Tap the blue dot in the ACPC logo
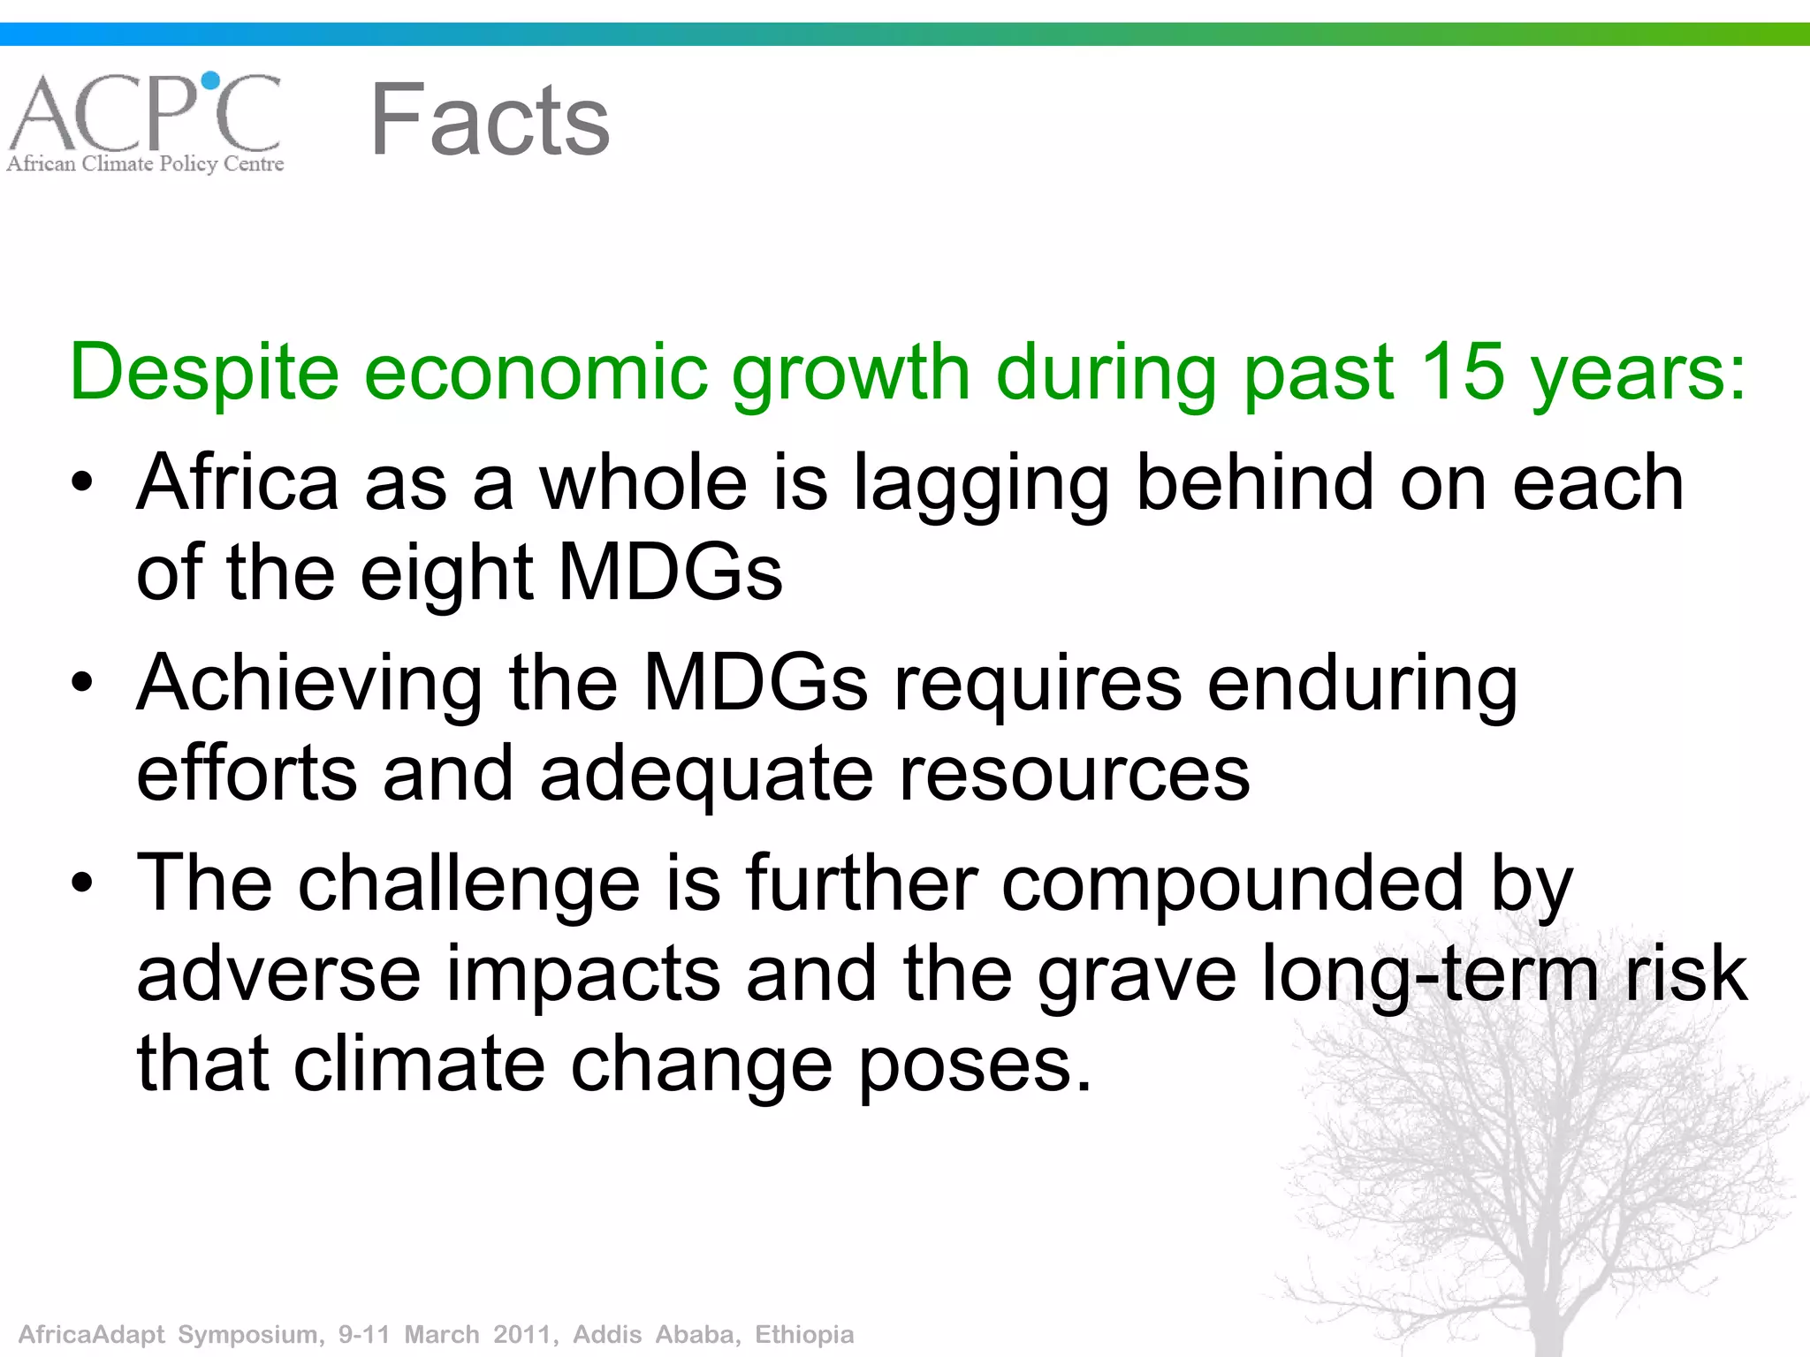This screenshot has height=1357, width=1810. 210,81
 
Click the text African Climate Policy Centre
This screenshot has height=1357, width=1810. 146,163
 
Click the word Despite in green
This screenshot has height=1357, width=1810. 204,373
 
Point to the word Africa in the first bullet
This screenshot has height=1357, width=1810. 238,482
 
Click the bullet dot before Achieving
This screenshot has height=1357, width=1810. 82,683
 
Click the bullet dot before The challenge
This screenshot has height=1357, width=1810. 82,883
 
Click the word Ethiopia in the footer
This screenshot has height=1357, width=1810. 804,1334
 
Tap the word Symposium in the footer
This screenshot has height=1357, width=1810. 250,1334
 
